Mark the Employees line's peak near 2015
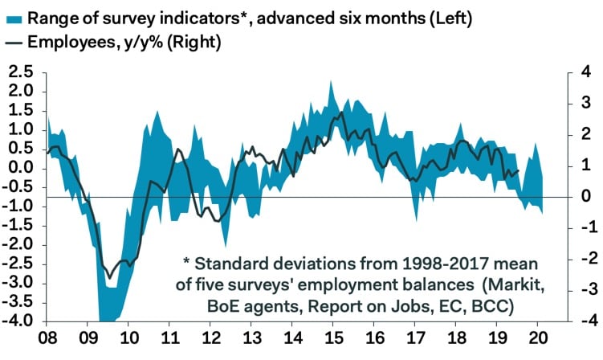click(x=342, y=112)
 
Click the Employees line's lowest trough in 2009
click(x=109, y=278)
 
